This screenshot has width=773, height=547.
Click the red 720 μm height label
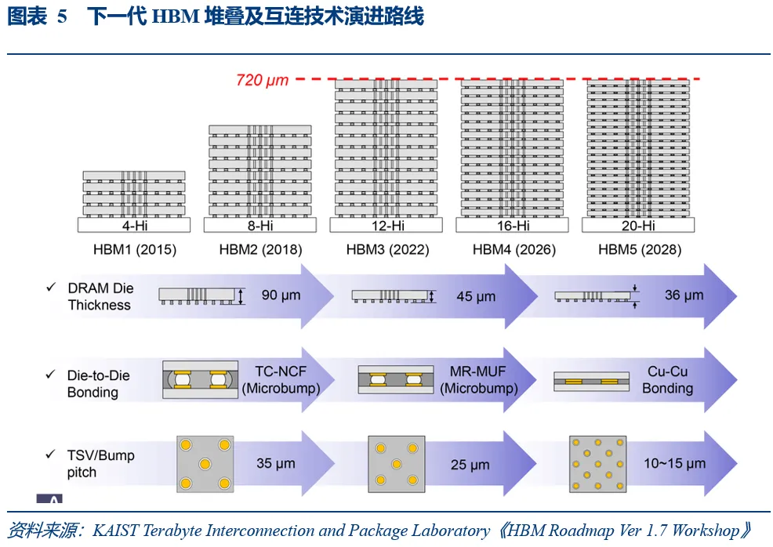tap(263, 80)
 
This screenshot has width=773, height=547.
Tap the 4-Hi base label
tap(135, 226)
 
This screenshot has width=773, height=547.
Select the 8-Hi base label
tap(260, 226)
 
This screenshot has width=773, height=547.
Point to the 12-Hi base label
tap(387, 226)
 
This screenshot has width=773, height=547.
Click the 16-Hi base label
tap(514, 226)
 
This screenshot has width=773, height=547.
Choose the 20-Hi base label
tap(638, 226)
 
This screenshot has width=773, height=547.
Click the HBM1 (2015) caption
tap(135, 250)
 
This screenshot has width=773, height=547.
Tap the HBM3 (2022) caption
tap(387, 250)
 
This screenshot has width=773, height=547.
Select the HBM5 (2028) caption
tap(640, 250)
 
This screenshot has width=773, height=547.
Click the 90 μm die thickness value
tap(281, 295)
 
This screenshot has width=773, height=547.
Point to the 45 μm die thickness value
tap(476, 297)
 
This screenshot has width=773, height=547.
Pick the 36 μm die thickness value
tap(684, 295)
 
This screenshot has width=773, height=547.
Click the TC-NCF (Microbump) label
tap(281, 379)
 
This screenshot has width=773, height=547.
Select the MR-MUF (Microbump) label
tap(478, 379)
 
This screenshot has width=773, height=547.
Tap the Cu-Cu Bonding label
tap(667, 379)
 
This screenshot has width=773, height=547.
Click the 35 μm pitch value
tap(276, 464)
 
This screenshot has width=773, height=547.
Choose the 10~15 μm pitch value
tap(674, 464)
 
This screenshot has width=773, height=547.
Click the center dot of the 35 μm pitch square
tap(205, 464)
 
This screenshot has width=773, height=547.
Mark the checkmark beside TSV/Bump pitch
tap(50, 455)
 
